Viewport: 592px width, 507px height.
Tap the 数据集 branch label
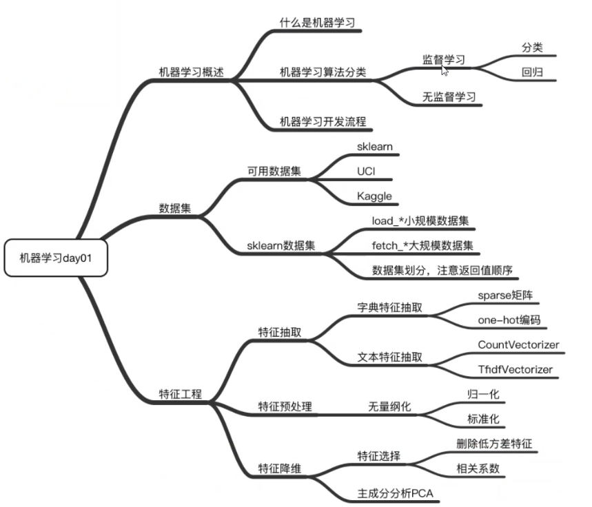click(174, 208)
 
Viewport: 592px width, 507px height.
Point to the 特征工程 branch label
click(180, 395)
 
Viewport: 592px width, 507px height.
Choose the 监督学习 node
click(443, 60)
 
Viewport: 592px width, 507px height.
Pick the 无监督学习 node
click(449, 97)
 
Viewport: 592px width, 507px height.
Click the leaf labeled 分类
click(532, 48)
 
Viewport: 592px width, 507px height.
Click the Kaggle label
click(374, 196)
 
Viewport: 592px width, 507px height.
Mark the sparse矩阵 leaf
click(505, 295)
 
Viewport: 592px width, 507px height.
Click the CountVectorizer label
click(518, 344)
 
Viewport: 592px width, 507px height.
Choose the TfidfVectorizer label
click(515, 370)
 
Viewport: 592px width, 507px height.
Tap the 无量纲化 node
click(389, 407)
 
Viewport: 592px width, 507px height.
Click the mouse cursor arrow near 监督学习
click(445, 70)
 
